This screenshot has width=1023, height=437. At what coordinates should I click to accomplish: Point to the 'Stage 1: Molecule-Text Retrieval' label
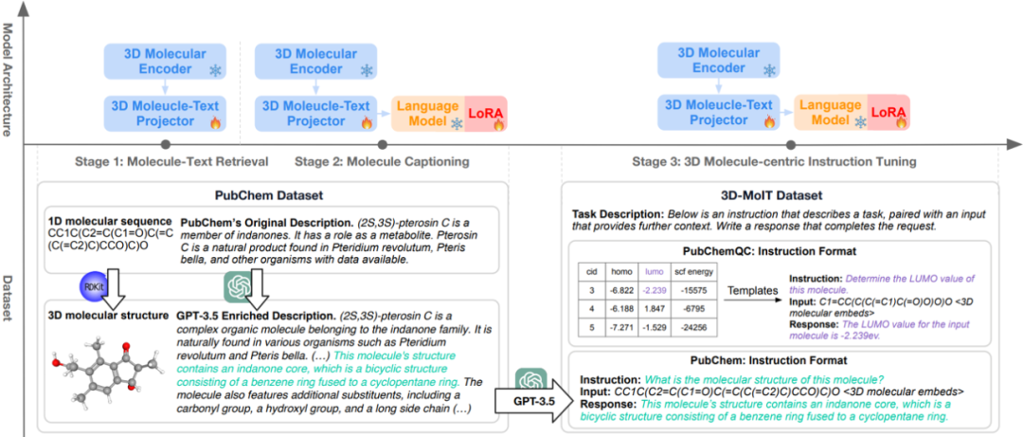pyautogui.click(x=171, y=162)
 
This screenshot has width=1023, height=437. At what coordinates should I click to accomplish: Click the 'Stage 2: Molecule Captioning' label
pyautogui.click(x=383, y=162)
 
